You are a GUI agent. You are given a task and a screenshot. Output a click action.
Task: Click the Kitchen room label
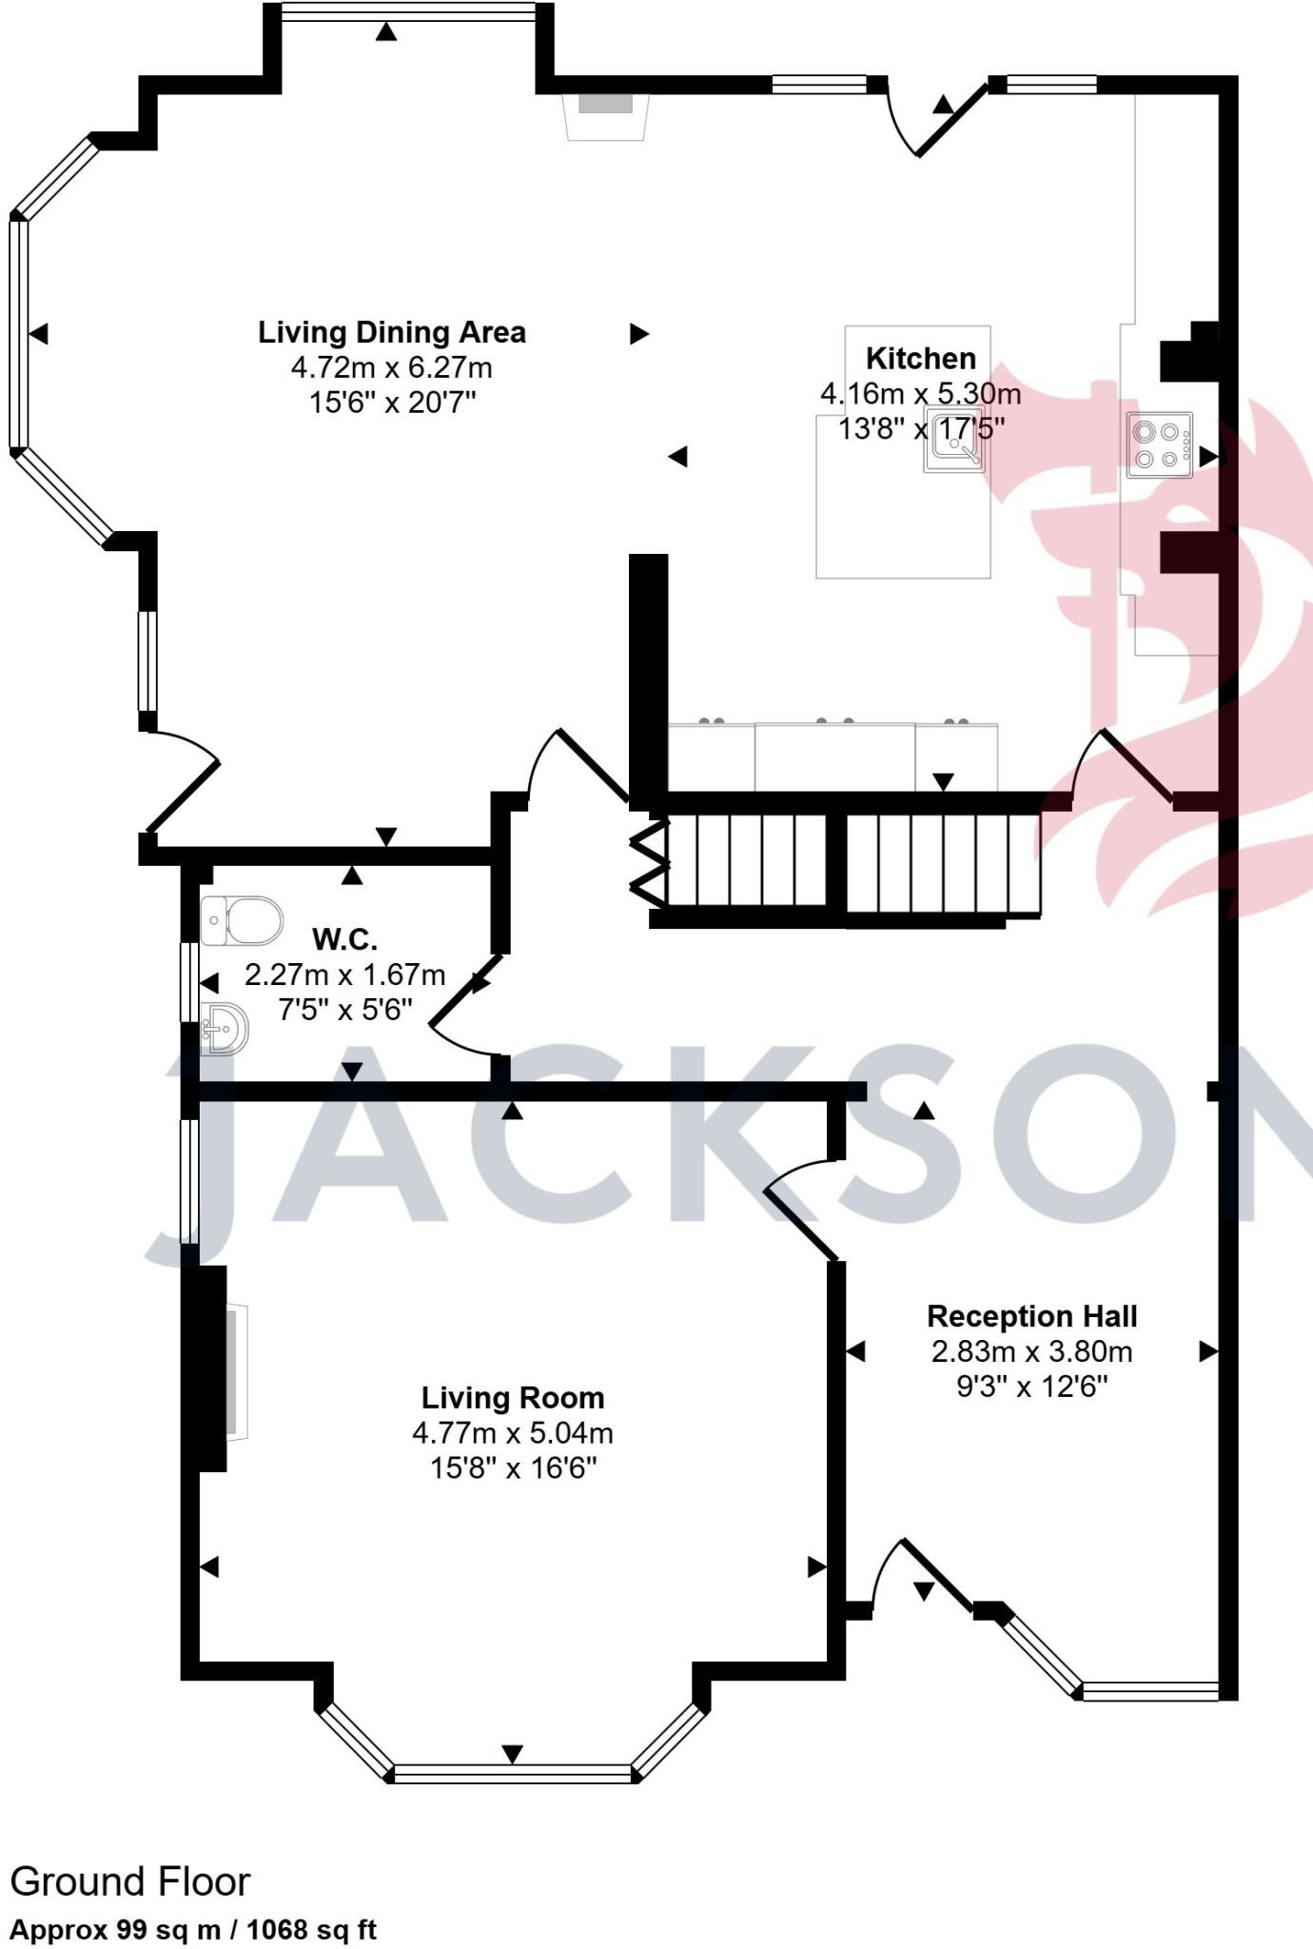click(920, 359)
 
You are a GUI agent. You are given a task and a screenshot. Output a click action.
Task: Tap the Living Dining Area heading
click(391, 333)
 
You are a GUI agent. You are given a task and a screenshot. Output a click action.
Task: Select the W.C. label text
click(344, 940)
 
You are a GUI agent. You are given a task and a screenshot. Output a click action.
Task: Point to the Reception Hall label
click(1031, 1317)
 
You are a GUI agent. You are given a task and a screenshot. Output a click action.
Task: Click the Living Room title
click(513, 1398)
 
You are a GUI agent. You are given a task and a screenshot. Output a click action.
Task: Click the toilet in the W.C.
click(244, 920)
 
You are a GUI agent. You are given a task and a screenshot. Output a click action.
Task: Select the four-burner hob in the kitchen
click(1159, 444)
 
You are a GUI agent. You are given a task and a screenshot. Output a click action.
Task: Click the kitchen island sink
click(954, 443)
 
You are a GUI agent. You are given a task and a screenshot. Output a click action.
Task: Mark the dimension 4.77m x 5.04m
click(512, 1433)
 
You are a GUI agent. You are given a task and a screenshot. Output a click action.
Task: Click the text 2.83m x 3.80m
click(1031, 1351)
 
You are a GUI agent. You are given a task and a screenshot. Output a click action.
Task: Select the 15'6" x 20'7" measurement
click(391, 403)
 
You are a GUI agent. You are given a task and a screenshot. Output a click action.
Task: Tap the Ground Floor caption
click(130, 1881)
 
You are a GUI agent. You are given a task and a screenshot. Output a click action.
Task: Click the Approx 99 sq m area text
click(193, 1930)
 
